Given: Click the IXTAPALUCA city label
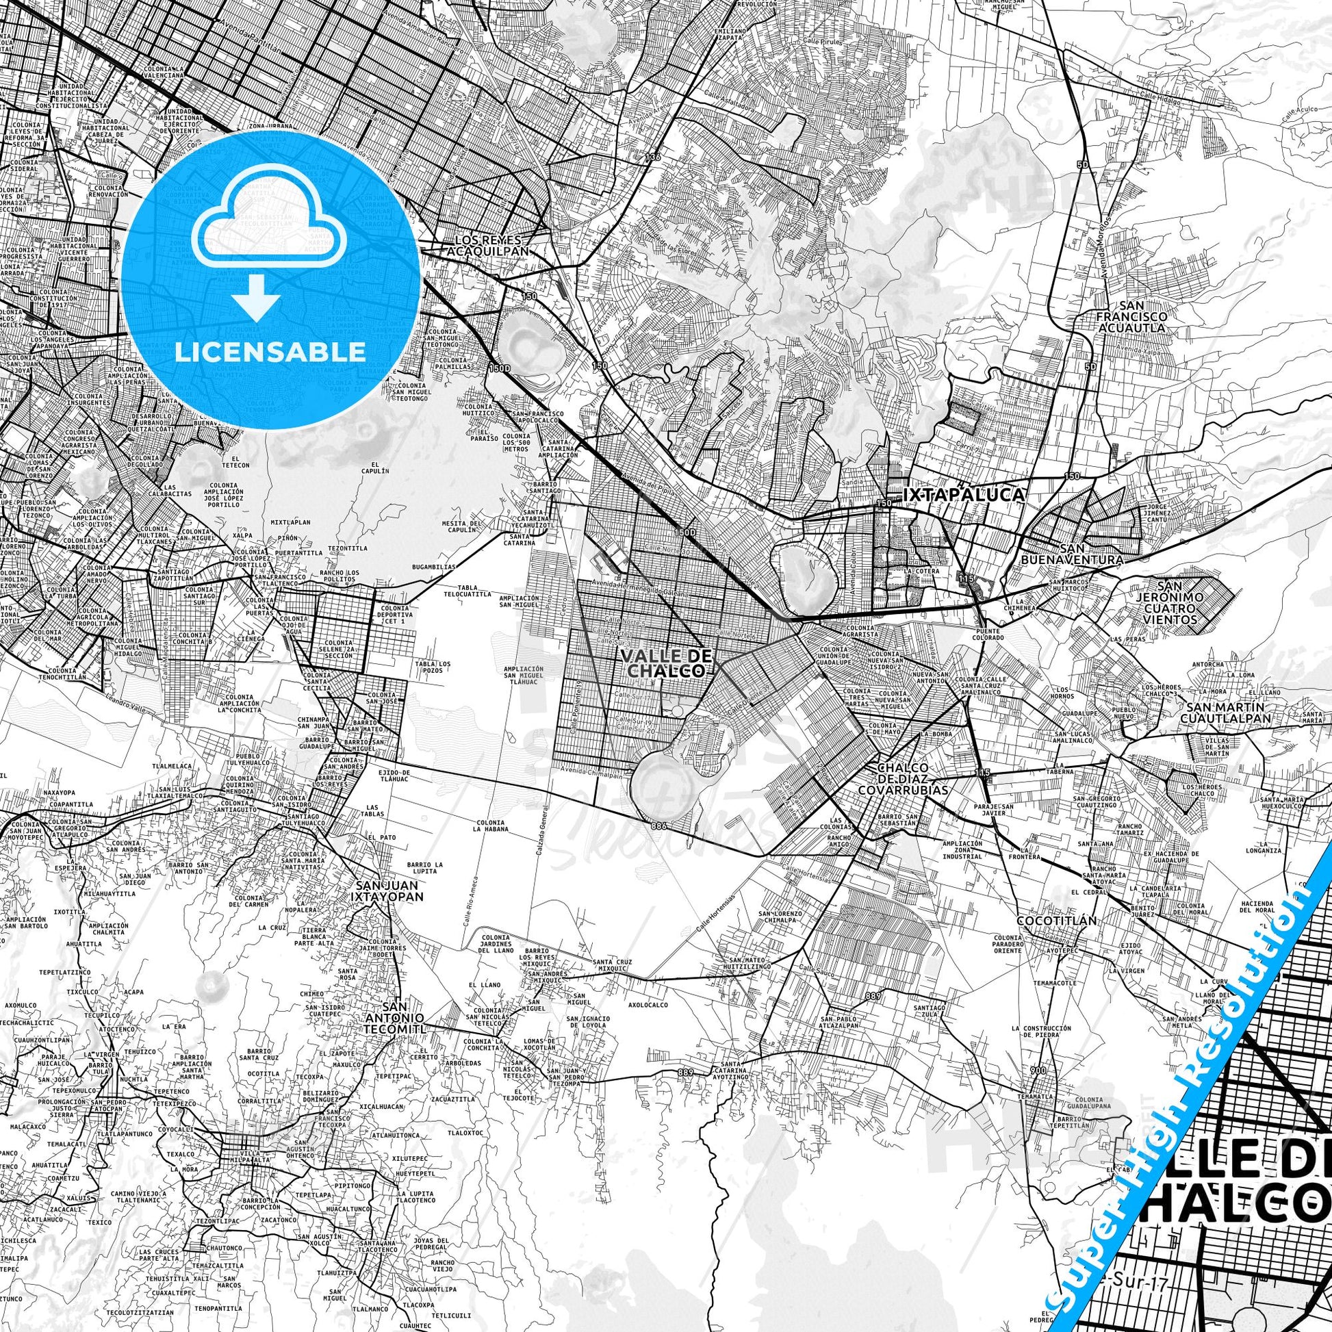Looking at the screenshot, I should (x=963, y=495).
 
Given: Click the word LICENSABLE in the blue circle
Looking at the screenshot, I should (x=270, y=352).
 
